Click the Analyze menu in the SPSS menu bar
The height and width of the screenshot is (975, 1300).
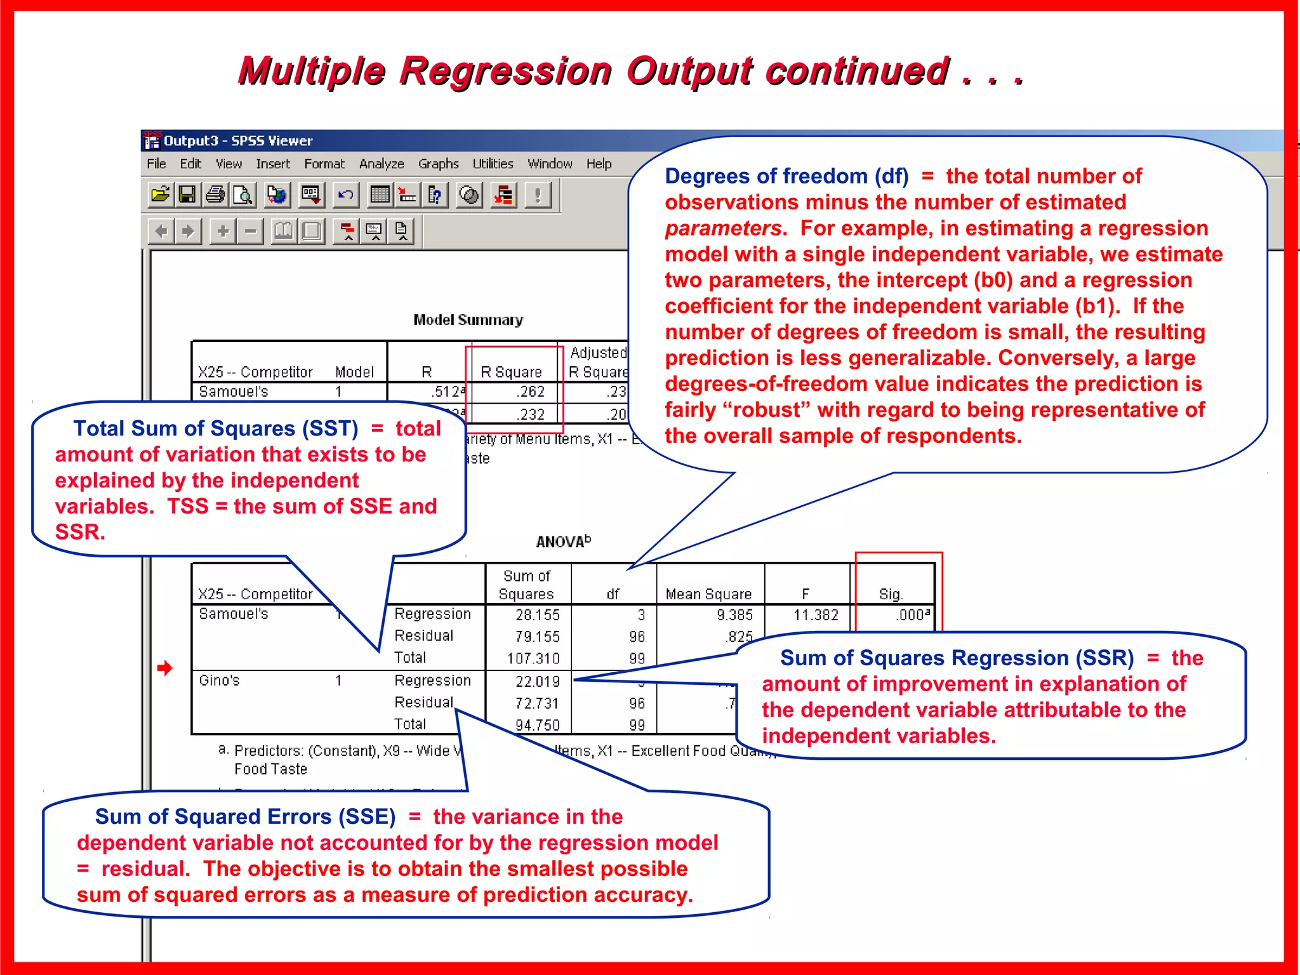381,164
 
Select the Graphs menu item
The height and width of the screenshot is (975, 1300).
438,164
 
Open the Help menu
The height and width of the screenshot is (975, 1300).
599,164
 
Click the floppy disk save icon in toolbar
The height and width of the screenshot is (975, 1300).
187,194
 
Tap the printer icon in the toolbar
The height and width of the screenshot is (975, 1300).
215,194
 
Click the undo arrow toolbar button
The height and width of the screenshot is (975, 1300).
346,194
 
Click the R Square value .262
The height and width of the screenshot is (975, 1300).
531,392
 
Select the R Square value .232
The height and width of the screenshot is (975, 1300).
531,415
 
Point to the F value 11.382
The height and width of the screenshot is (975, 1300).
816,614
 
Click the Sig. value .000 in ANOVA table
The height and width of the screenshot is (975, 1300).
912,614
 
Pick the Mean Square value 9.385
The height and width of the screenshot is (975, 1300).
734,614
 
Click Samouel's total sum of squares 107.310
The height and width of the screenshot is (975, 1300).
533,658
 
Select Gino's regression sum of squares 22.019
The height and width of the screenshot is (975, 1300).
538,681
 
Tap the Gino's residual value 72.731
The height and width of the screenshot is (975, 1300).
537,703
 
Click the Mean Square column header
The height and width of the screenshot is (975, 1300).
708,594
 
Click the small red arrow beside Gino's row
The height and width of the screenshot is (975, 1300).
165,668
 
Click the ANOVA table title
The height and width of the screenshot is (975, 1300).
563,541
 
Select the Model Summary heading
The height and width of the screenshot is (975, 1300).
468,320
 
